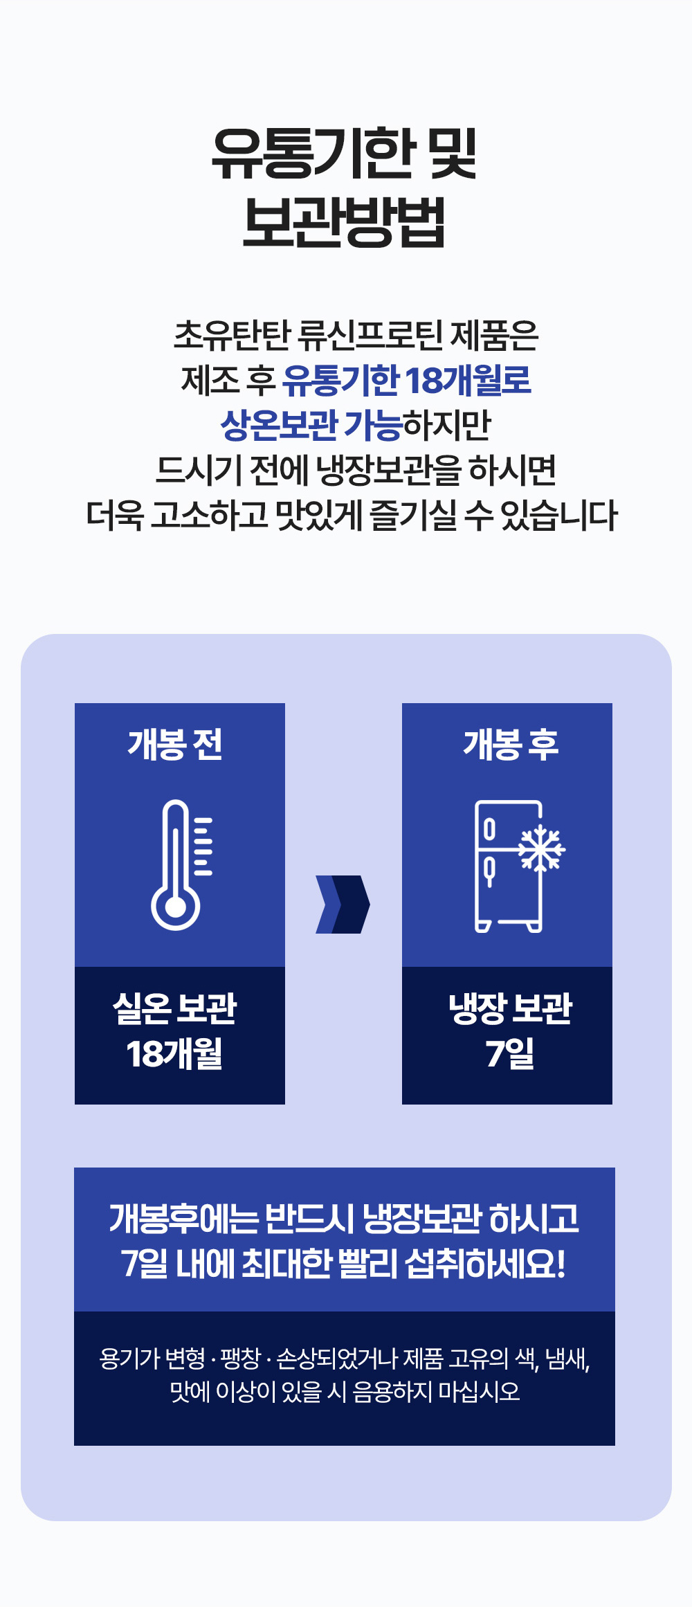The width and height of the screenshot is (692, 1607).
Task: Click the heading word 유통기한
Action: tap(304, 154)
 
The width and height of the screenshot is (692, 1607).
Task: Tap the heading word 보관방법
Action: tap(344, 222)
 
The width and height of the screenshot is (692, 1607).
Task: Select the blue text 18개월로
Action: tap(468, 380)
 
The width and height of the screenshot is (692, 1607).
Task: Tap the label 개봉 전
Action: tap(175, 745)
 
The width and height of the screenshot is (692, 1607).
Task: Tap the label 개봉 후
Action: tap(511, 745)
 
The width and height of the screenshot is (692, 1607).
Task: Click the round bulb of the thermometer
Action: tap(176, 907)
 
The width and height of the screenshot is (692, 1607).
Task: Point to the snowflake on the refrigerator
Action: tap(542, 848)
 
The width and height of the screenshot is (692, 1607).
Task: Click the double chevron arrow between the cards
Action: tap(343, 905)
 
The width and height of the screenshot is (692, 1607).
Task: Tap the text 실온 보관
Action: tap(175, 1008)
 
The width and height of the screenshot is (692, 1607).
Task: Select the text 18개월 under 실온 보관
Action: tap(174, 1053)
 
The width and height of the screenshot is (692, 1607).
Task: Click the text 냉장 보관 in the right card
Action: tap(511, 1008)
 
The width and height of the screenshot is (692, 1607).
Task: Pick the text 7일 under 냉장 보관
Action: tap(510, 1053)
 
